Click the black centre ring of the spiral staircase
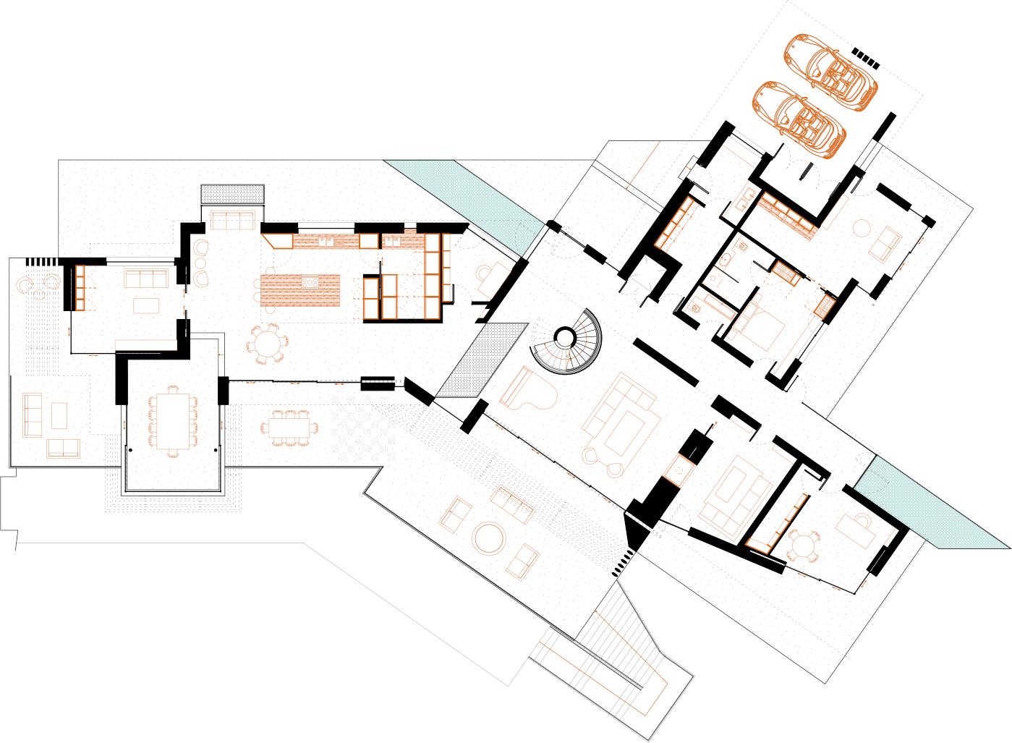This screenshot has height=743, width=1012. [564, 336]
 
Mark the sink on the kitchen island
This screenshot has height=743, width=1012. [310, 281]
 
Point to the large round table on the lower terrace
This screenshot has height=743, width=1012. [490, 538]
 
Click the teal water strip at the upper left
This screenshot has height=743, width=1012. [463, 192]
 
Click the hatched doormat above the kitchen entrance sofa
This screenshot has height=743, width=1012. [232, 194]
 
